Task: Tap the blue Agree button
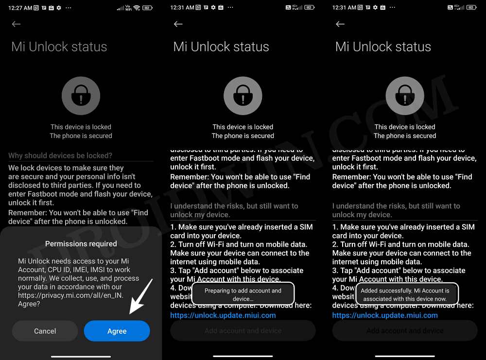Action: [x=117, y=331]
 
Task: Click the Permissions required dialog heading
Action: [x=81, y=244]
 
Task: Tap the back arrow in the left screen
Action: [x=17, y=24]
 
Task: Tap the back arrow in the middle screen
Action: [x=178, y=24]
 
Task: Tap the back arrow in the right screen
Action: [x=340, y=24]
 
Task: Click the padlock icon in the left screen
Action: [x=81, y=96]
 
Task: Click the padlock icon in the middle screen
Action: [x=243, y=96]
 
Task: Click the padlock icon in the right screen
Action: [x=405, y=96]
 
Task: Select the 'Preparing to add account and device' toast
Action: [x=243, y=294]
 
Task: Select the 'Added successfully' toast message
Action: [x=405, y=294]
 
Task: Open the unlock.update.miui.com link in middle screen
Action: [x=223, y=315]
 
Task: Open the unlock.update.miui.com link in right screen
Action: [x=385, y=315]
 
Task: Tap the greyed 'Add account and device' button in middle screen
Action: [x=243, y=331]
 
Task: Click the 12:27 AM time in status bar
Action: [x=20, y=8]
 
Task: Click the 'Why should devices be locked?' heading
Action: [x=60, y=156]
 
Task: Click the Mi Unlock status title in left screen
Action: [x=59, y=47]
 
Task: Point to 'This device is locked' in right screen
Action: [x=405, y=127]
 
